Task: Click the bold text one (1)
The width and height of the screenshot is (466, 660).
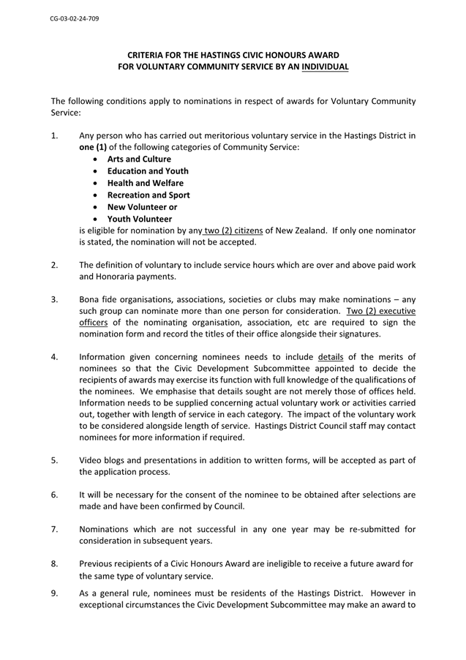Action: [94, 147]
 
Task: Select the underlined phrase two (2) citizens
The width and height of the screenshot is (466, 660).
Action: [232, 230]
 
